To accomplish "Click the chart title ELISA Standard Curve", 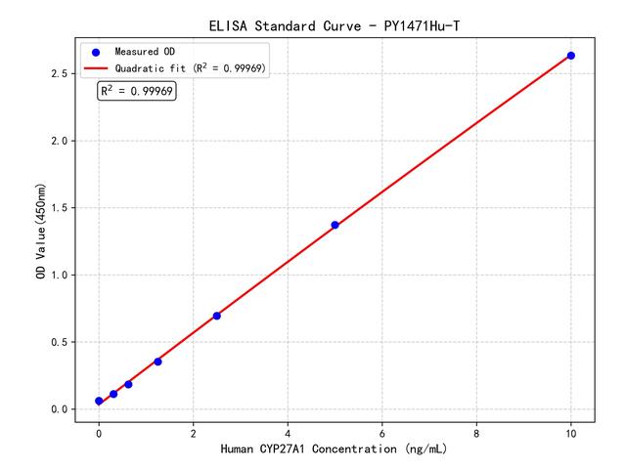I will pos(334,24).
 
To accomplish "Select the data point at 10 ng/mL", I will pos(571,56).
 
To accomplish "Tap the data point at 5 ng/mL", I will pos(335,225).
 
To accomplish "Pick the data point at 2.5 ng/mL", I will pos(216,316).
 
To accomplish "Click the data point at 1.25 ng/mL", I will pos(157,362).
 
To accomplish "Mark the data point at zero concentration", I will pos(99,401).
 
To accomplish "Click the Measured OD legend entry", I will pos(142,51).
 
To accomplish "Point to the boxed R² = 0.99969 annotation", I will pos(137,91).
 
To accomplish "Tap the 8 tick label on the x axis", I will pos(476,432).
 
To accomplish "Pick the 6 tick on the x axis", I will pos(381,432).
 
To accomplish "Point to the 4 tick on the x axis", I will pos(288,432).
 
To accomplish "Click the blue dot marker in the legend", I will pos(96,51).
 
